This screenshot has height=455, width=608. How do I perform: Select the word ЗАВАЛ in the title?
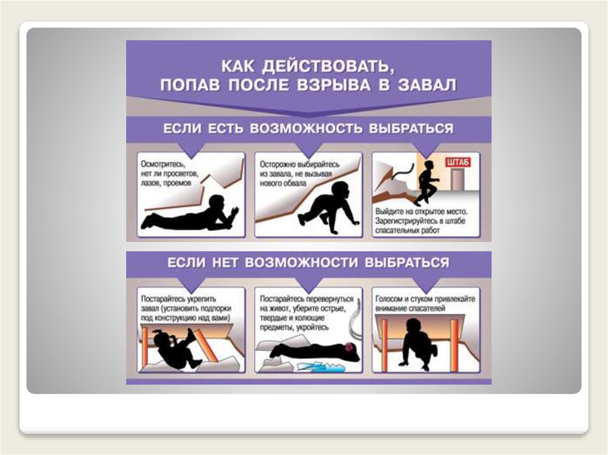(426, 84)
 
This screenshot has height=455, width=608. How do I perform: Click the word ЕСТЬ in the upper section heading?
(226, 128)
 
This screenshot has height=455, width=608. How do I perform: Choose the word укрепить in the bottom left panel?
(201, 299)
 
